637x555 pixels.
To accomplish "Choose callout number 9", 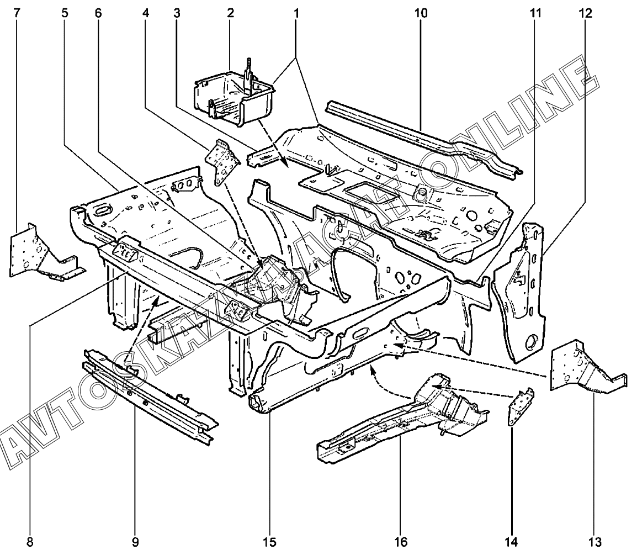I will click(135, 541).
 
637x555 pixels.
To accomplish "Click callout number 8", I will click(30, 541).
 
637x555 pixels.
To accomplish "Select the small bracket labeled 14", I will click(521, 407).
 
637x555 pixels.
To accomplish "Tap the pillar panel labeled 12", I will click(519, 293).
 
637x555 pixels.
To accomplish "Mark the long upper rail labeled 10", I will click(420, 133).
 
